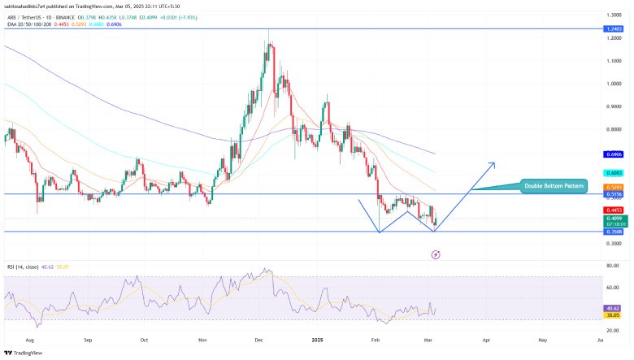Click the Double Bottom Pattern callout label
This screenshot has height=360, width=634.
point(554,186)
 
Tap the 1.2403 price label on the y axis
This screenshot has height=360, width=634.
point(614,29)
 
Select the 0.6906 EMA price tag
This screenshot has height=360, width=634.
point(614,154)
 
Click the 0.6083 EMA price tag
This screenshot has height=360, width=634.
point(614,173)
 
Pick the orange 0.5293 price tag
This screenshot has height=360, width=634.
point(614,187)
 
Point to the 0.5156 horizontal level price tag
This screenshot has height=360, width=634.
point(614,194)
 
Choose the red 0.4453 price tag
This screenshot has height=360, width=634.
point(614,210)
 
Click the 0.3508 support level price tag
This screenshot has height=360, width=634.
point(614,232)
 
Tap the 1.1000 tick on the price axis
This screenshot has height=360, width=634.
point(614,60)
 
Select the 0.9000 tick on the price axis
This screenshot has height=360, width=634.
point(614,106)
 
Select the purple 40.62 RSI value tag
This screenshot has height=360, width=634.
point(614,308)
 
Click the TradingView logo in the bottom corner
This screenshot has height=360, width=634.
point(24,352)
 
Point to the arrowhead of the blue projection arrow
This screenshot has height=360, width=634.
point(493,163)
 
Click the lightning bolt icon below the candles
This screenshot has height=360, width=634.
point(436,254)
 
